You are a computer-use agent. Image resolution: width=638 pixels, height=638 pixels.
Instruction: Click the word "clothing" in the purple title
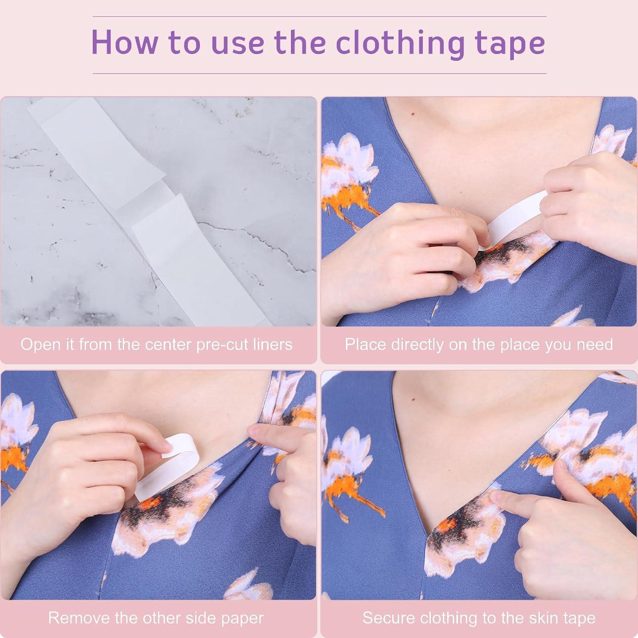(x=400, y=43)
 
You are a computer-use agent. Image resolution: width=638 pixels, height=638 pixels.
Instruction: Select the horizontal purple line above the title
(x=319, y=17)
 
